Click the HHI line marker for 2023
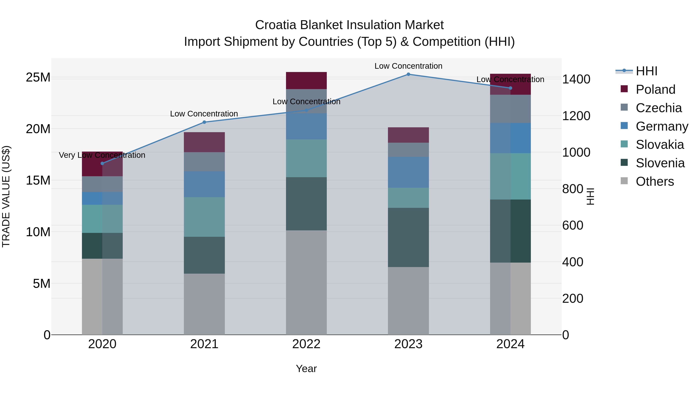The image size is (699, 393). (x=408, y=74)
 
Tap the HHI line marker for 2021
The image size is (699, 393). (x=204, y=122)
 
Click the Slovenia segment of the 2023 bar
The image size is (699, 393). (x=408, y=237)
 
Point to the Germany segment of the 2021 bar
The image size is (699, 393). (x=204, y=184)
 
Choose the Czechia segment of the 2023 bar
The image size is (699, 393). (x=408, y=150)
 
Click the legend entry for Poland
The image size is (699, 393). (x=655, y=89)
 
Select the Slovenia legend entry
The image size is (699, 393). (x=660, y=163)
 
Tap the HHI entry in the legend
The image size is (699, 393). (x=646, y=71)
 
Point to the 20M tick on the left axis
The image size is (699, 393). (x=38, y=129)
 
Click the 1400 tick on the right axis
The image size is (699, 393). (x=576, y=79)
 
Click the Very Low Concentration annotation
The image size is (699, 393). (x=102, y=155)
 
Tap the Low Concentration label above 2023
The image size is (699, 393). (x=408, y=66)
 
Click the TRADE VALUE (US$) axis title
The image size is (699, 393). (x=6, y=196)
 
